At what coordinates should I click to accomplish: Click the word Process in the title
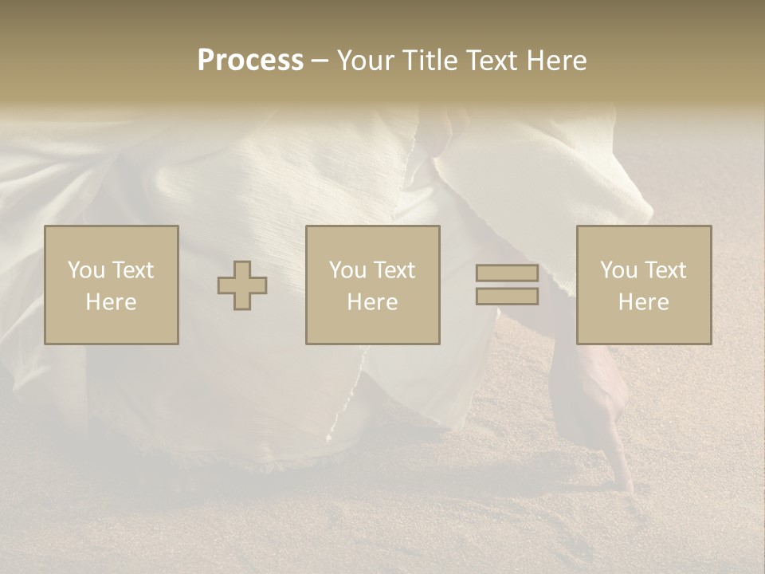250,61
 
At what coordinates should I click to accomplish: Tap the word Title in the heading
431,61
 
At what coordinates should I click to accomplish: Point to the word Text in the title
496,61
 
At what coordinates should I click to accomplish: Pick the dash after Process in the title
320,61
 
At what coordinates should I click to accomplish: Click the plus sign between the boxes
242,285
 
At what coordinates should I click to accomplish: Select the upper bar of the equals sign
507,273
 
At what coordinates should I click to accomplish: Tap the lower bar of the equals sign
507,297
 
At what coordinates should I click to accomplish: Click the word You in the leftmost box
86,270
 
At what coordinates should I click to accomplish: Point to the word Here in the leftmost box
112,302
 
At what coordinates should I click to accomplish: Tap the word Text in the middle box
395,270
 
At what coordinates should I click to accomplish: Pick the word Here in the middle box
373,302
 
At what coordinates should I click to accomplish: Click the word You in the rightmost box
618,270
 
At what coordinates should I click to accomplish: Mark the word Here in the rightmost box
644,302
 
